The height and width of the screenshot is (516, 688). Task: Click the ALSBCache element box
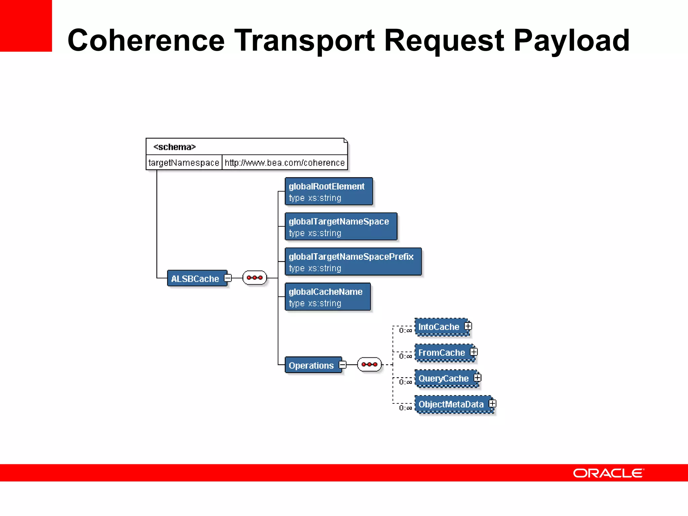coord(196,278)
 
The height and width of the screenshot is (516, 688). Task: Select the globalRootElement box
coord(329,191)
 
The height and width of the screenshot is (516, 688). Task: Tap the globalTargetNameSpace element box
coord(341,227)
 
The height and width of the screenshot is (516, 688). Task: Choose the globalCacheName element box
coord(328,297)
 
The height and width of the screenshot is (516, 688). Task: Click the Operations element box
coord(312,365)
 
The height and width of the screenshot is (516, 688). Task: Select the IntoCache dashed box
coord(439,327)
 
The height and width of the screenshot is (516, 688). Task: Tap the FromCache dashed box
coord(442,352)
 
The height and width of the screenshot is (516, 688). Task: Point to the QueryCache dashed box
coord(444,378)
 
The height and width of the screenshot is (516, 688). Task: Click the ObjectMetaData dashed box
coord(451,404)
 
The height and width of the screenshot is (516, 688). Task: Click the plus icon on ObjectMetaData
coord(492,403)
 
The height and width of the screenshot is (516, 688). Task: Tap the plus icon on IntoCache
coord(468,326)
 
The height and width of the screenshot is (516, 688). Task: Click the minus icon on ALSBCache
coord(228,278)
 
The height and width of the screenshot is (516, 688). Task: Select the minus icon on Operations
coord(343,364)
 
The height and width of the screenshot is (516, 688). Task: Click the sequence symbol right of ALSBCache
coord(255,278)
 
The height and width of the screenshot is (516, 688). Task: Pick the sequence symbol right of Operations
coord(370,364)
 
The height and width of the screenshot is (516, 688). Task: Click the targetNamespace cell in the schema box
coord(184,163)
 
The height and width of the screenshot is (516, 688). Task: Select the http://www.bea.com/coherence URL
coord(285,163)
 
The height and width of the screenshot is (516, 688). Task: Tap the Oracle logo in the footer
coord(608,473)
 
